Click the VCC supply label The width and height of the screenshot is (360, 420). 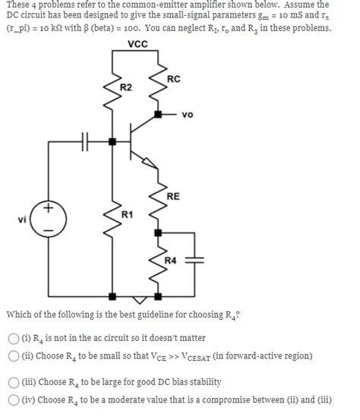coord(139,44)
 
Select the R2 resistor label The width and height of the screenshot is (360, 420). coord(127,89)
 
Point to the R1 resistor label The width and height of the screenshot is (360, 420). coord(128,215)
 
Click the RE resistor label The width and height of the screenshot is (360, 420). coord(173,196)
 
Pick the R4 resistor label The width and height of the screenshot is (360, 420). coord(172,261)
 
